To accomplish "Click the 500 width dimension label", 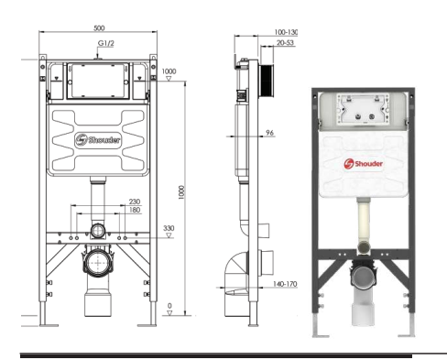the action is point(99,28).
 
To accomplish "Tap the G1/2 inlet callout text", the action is point(106,43).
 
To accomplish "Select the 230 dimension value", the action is point(135,202).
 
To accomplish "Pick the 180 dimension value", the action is point(135,210).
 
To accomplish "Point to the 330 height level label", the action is point(169,228).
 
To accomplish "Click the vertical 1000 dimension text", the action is point(181,192).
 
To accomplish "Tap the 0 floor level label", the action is point(169,306).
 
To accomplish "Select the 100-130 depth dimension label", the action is point(286,32).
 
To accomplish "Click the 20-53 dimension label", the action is point(285,43).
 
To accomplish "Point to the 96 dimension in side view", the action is point(269,133).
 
